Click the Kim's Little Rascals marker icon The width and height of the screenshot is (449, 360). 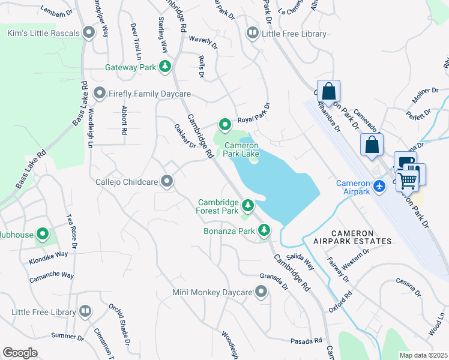click(89, 32)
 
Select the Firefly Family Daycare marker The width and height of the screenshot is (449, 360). click(100, 94)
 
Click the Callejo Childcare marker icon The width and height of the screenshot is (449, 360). click(167, 181)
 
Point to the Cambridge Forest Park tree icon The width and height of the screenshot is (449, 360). click(247, 207)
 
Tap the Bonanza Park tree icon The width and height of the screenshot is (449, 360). click(264, 230)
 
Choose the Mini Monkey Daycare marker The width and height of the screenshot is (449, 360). click(261, 292)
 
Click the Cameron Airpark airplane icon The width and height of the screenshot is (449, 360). click(379, 187)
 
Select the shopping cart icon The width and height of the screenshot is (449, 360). click(409, 178)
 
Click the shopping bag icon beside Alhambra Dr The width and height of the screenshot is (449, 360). click(328, 92)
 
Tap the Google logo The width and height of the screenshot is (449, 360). click(20, 353)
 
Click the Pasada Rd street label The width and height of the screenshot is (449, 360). click(307, 341)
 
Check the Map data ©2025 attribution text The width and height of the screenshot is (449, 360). click(423, 355)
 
